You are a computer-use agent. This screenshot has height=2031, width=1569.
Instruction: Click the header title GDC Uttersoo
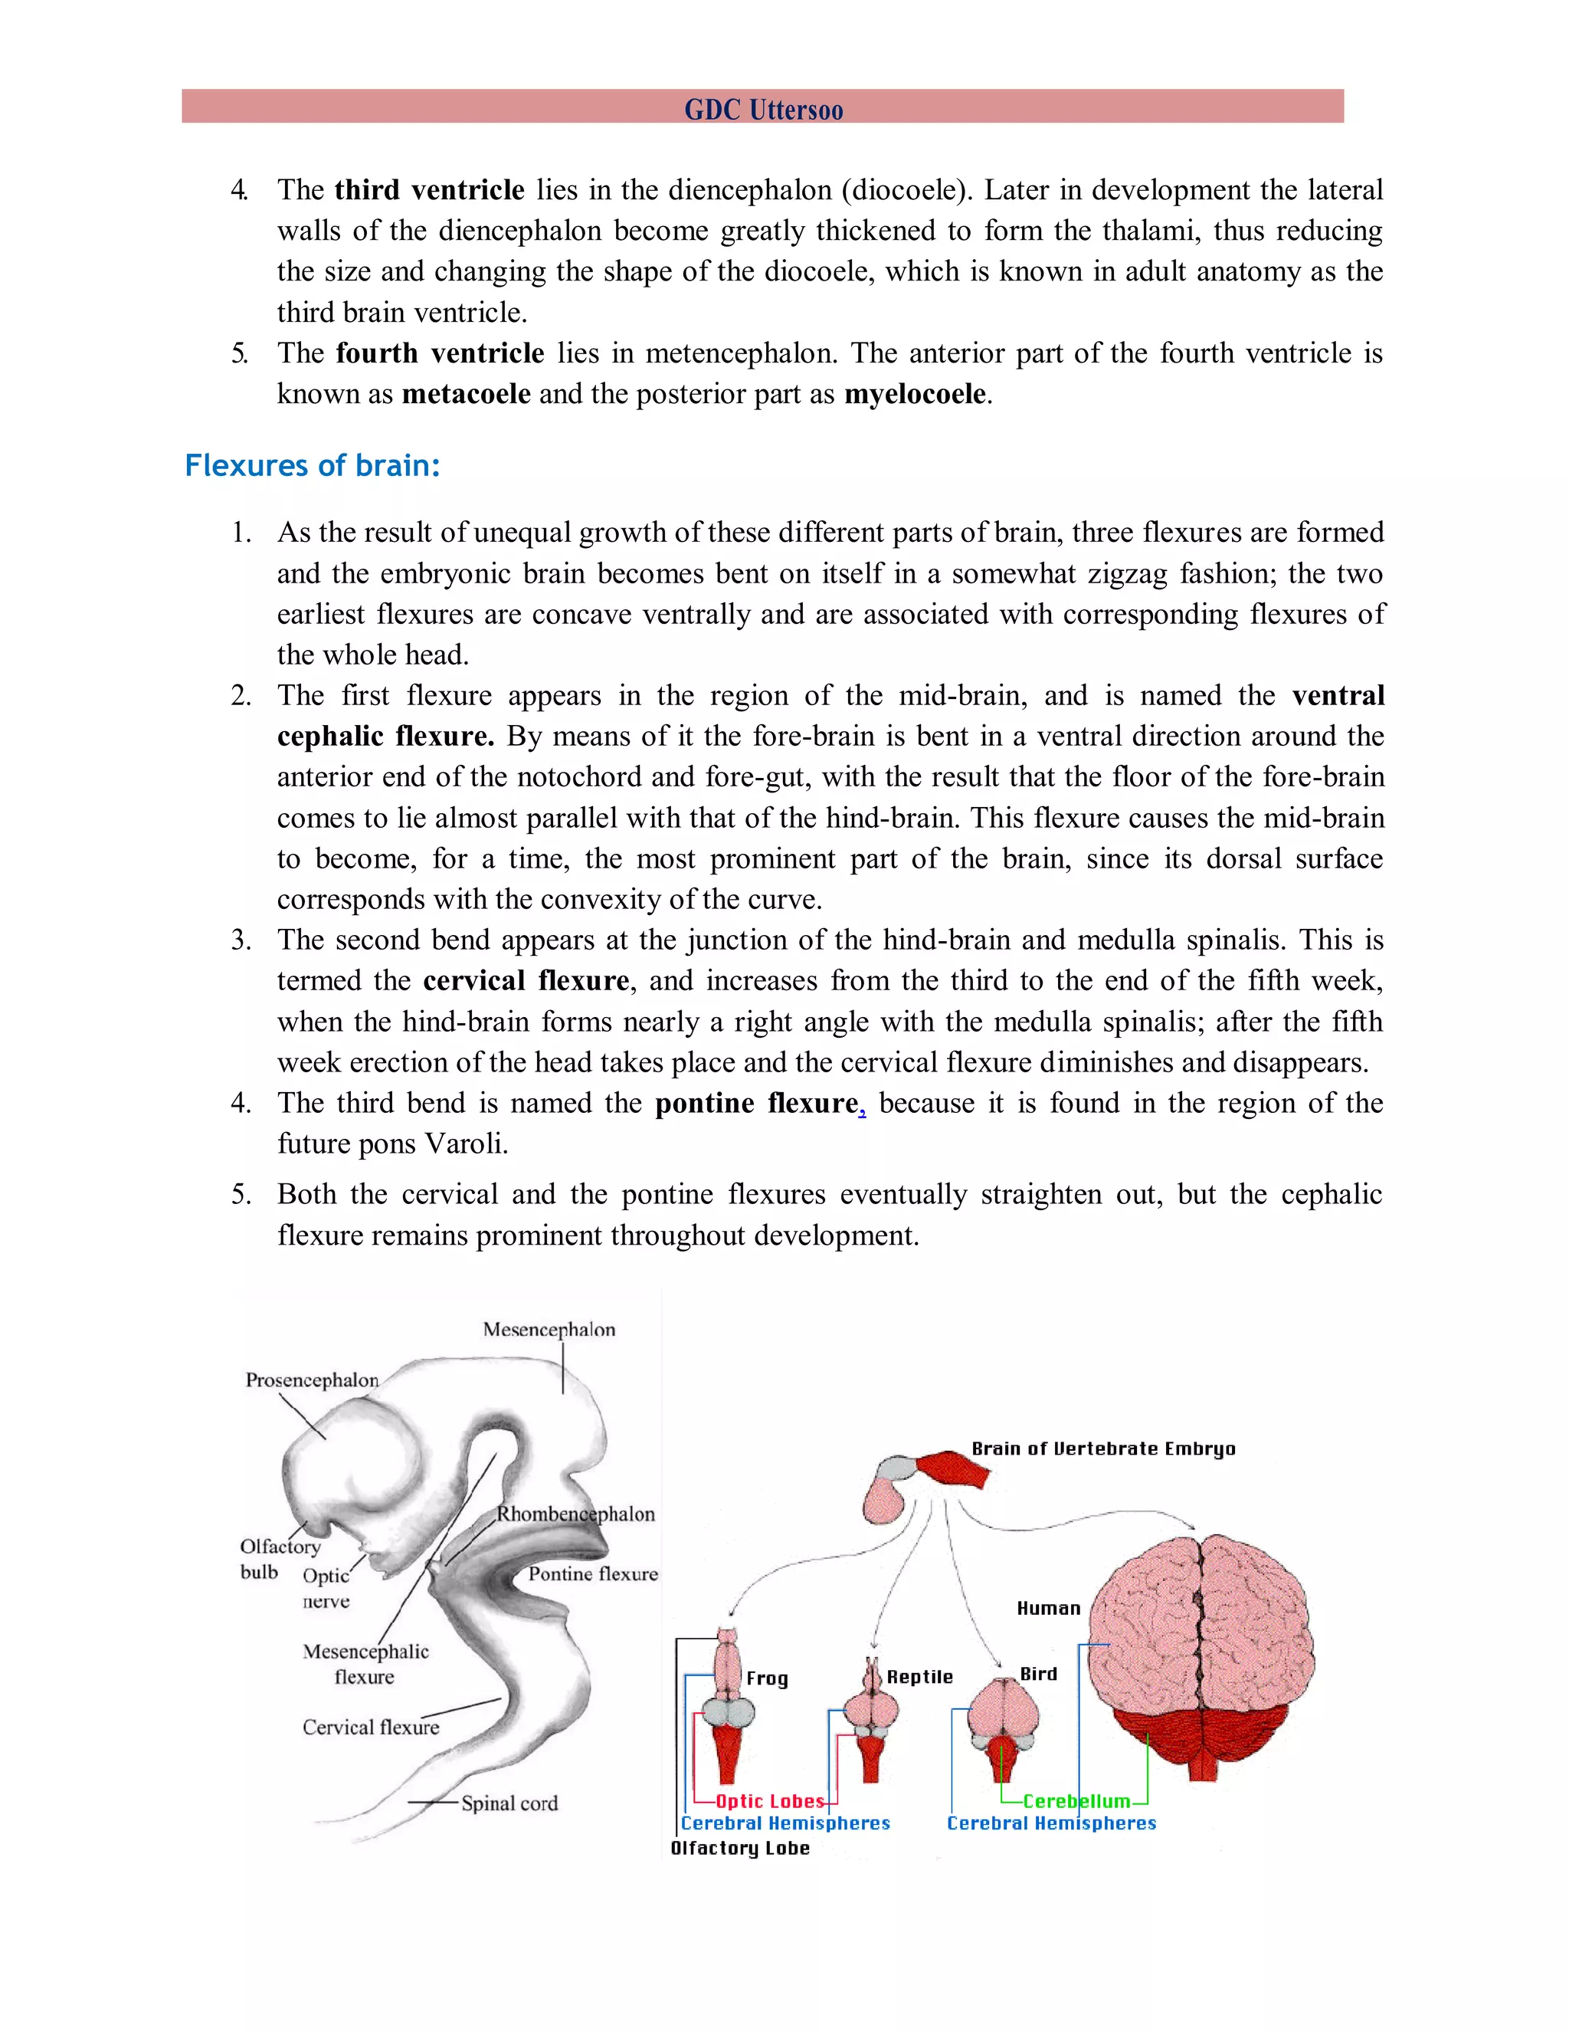click(763, 110)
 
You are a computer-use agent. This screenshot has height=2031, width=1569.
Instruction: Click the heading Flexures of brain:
click(313, 465)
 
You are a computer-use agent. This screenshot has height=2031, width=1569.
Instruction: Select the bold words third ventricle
click(430, 190)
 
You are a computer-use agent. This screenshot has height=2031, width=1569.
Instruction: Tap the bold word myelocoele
click(915, 393)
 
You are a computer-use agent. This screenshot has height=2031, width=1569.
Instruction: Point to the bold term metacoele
click(466, 393)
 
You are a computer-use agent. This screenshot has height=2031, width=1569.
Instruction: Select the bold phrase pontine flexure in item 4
click(757, 1103)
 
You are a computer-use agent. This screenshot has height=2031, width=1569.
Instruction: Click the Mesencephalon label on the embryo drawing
click(549, 1330)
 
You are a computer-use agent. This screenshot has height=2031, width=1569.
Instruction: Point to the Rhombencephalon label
click(575, 1514)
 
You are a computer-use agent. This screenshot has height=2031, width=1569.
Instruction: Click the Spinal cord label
click(509, 1803)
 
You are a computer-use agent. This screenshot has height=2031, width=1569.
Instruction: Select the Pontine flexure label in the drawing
click(593, 1573)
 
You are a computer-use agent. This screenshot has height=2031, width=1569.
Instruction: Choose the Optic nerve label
click(326, 1588)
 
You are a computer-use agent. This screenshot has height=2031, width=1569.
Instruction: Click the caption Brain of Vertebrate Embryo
click(1103, 1449)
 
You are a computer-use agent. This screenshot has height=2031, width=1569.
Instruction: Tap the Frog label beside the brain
click(767, 1678)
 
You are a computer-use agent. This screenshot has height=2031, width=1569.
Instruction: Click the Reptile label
click(919, 1677)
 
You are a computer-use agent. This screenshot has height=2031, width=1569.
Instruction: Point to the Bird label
click(1038, 1674)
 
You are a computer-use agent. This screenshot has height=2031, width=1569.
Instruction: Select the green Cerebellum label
click(1076, 1801)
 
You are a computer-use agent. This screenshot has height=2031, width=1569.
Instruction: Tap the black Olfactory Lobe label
click(740, 1848)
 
